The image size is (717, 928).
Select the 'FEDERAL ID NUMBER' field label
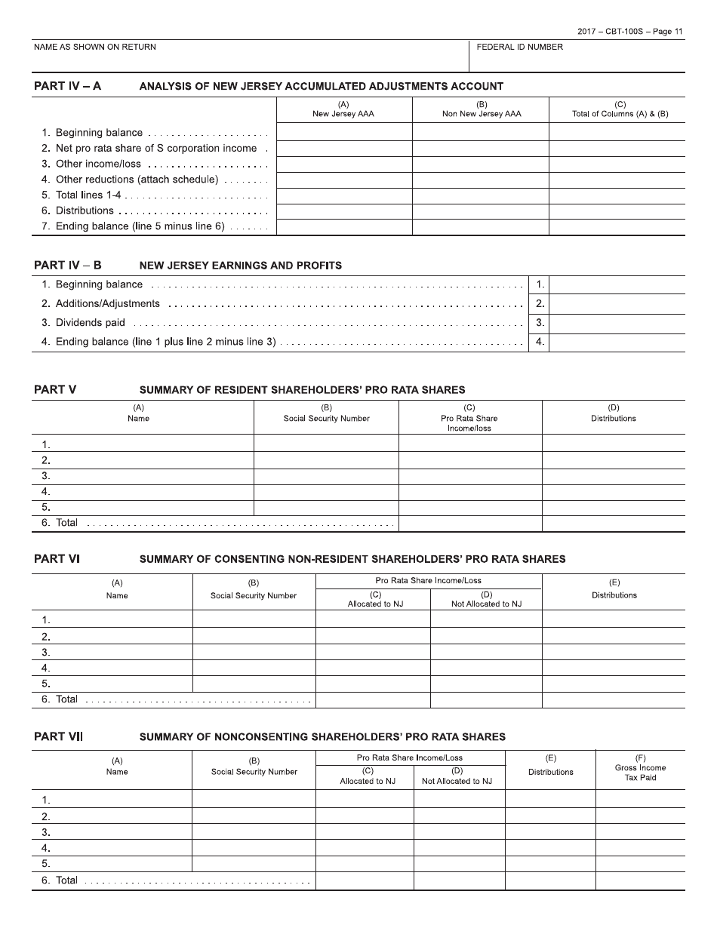(519, 47)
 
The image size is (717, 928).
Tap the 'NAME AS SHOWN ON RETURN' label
(95, 47)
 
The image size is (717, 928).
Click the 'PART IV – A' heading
(67, 86)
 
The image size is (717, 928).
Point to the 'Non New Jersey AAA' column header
(481, 114)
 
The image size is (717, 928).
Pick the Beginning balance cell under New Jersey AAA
(344, 133)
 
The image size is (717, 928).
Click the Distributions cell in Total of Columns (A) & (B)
(617, 211)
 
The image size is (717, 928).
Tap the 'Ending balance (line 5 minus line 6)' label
(140, 226)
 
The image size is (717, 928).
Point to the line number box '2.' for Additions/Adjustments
(540, 304)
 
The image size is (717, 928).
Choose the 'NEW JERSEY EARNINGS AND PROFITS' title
(240, 266)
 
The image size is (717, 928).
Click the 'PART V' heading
(55, 389)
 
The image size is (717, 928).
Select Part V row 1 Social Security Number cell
(326, 444)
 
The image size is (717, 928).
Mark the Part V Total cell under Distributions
(613, 524)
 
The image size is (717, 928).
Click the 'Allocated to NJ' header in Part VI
(372, 604)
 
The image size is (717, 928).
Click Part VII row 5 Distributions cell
(549, 864)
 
